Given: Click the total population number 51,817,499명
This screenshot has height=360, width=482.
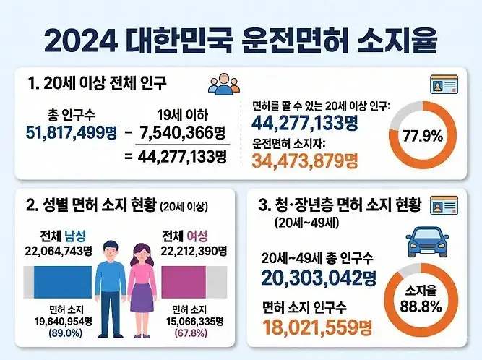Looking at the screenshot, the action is coord(71,133).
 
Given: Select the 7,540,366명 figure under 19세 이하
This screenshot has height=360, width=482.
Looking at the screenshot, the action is coord(183,133).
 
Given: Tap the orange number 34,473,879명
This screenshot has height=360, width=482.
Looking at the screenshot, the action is coord(305,160).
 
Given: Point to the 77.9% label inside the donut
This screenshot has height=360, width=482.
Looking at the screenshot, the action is coord(423,136).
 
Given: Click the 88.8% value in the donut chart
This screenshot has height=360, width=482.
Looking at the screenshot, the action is coord(421,307).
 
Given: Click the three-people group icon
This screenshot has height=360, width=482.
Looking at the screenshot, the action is coord(224,84).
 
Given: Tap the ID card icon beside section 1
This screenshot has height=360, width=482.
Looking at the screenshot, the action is coord(444,85).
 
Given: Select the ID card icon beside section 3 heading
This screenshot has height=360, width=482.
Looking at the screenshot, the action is coord(444,205).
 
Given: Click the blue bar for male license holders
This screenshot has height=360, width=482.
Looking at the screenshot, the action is coord(63,282).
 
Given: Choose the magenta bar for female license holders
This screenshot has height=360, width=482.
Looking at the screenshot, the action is coord(184,282).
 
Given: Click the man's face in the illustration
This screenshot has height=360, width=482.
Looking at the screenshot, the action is coord(111,252).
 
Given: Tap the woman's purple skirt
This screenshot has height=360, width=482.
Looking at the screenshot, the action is coord(142,298).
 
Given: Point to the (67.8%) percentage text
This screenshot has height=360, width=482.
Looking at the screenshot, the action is coord(191,333).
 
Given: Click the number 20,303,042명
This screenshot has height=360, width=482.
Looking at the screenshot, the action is coord(319,278).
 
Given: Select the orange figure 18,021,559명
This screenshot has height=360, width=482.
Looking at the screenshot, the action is coord(317,327).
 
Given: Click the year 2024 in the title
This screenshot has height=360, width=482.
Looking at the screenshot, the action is coord(81,41).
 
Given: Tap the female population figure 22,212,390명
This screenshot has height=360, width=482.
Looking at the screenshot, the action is coord(194,251).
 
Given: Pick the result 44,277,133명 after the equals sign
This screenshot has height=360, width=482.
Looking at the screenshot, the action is coord(182,157).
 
